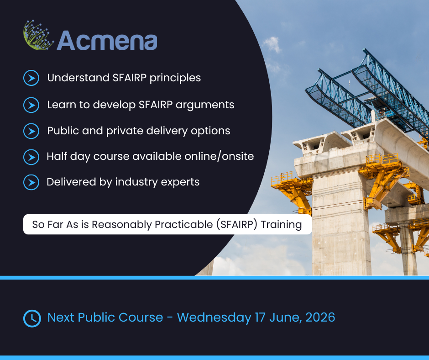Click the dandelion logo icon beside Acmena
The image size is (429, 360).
[38, 35]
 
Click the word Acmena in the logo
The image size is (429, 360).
[107, 41]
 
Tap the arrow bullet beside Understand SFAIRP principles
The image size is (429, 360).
[31, 78]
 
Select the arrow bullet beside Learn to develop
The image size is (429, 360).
[31, 105]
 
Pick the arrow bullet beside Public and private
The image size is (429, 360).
[31, 131]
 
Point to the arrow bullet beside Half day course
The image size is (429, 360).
[31, 157]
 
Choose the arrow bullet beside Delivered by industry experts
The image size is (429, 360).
[31, 182]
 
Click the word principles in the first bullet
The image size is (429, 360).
[175, 78]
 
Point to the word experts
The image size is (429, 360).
[180, 182]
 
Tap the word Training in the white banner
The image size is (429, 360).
[281, 225]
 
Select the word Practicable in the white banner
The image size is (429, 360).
[183, 224]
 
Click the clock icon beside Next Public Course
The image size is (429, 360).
[32, 318]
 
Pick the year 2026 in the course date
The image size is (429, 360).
[320, 317]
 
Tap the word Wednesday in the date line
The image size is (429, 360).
[214, 318]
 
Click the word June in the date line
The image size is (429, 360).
[286, 318]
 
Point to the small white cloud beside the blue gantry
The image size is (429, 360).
[272, 44]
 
